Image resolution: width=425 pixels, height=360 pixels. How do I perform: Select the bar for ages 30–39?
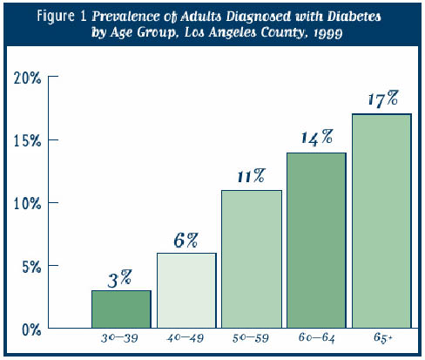tap(121, 309)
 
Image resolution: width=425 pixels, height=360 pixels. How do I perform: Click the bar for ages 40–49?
tap(186, 290)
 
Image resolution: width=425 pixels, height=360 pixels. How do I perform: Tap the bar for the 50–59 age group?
tap(252, 259)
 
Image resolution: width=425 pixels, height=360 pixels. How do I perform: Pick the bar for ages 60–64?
tap(316, 241)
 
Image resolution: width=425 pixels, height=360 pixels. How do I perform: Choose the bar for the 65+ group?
tap(381, 221)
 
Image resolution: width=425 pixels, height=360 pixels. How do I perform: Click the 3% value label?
tap(119, 279)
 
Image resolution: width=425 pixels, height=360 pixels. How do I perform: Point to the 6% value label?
tap(186, 241)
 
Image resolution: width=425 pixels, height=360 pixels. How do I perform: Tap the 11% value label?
tap(252, 176)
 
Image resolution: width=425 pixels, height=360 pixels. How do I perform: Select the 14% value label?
tap(317, 138)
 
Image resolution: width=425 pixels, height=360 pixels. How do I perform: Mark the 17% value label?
tap(383, 98)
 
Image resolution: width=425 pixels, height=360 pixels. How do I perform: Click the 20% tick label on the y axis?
tap(27, 78)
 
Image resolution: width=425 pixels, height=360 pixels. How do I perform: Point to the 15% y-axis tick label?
tap(27, 140)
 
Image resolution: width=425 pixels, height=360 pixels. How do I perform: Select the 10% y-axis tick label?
tap(27, 204)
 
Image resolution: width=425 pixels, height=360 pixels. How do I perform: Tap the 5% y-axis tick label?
tap(31, 267)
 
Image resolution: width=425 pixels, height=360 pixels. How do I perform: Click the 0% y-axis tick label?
tap(31, 329)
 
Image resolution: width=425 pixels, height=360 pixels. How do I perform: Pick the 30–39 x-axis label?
tap(119, 338)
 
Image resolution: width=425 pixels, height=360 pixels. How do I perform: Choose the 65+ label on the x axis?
tap(382, 337)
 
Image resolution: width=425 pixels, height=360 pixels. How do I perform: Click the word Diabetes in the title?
tap(354, 17)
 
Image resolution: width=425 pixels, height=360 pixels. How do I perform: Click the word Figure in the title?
tap(56, 16)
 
